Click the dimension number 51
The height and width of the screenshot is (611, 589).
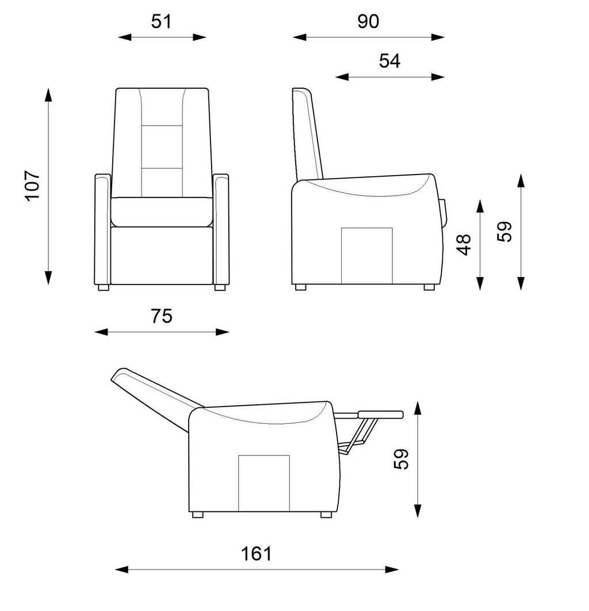point(161,21)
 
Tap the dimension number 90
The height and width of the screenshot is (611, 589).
point(368,21)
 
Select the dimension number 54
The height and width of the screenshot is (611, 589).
point(389,61)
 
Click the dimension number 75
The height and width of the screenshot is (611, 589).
point(162,316)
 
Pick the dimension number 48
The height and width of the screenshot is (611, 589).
point(464,245)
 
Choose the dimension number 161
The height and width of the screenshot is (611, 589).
point(256,554)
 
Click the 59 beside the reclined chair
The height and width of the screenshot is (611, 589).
point(401,459)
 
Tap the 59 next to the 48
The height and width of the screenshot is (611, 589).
point(505,232)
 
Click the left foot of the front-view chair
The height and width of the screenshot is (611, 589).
point(103,287)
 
